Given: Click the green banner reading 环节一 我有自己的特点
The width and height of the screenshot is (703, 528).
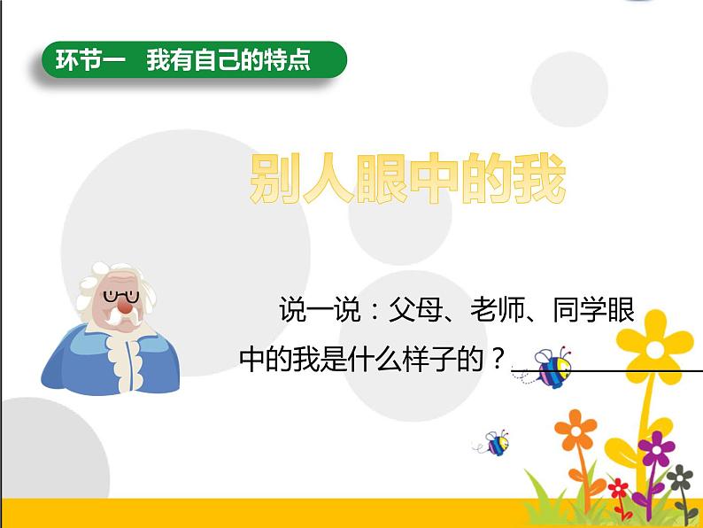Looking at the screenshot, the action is coord(194,59).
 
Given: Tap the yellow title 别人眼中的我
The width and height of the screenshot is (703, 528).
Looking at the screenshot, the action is coord(407,179).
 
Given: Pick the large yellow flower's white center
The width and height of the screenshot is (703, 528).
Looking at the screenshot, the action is coord(654,349).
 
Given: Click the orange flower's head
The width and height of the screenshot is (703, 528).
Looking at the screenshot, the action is coord(576,430).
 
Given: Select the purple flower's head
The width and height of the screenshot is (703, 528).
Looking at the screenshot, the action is coord(656,448).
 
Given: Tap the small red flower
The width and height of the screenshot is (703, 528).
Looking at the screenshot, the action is coord(618,488).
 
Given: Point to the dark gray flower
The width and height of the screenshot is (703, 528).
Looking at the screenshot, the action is coord(680,478).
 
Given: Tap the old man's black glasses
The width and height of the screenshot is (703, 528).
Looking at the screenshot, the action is coord(121,297).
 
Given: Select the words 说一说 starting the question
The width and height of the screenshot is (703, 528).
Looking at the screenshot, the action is coord(321,309).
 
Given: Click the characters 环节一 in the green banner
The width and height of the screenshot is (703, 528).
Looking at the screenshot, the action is coord(90,59).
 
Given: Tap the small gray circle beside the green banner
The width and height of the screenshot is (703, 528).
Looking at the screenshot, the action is coord(569,89).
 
